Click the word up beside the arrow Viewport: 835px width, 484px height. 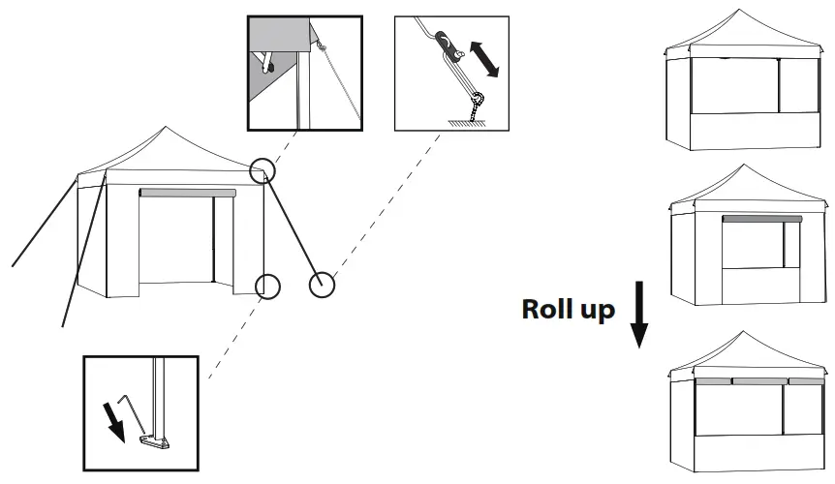point(596,312)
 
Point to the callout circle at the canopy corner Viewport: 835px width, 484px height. point(262,171)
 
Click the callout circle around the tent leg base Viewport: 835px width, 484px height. point(267,286)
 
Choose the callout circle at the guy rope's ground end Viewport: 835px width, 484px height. point(322,285)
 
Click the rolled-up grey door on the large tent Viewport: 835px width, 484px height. point(187,193)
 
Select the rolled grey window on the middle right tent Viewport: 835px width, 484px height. point(761,220)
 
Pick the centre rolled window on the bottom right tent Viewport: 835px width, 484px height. point(758,381)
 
